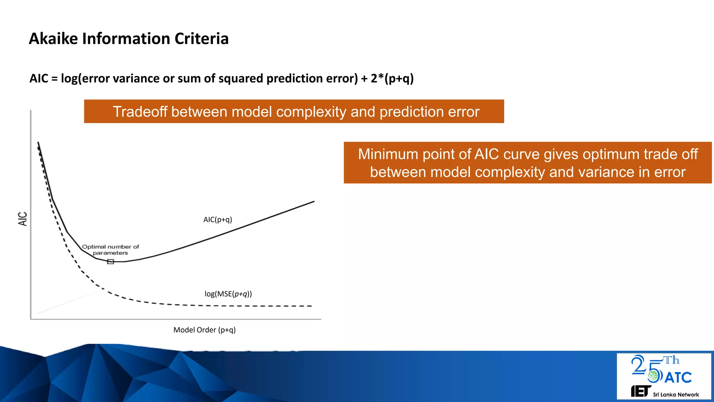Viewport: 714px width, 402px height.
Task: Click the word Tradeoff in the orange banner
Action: coord(140,112)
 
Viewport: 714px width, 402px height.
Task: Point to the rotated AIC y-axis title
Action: coord(23,219)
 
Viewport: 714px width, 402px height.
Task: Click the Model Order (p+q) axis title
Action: coord(204,330)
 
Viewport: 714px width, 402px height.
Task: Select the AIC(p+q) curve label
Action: coord(218,219)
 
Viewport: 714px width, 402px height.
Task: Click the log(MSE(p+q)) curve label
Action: coord(228,294)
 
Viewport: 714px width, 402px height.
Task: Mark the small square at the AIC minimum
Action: coord(111,262)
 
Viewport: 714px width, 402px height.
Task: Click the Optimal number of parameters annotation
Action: coord(110,250)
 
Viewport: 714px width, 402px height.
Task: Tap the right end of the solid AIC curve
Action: coord(314,201)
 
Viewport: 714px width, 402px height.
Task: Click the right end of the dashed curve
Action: coord(311,306)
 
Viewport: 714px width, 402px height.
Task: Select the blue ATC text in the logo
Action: coord(678,378)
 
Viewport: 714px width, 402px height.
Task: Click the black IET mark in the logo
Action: coord(641,391)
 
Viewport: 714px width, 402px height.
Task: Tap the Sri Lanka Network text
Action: coord(676,395)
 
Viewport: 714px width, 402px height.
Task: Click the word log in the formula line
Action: coord(69,79)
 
